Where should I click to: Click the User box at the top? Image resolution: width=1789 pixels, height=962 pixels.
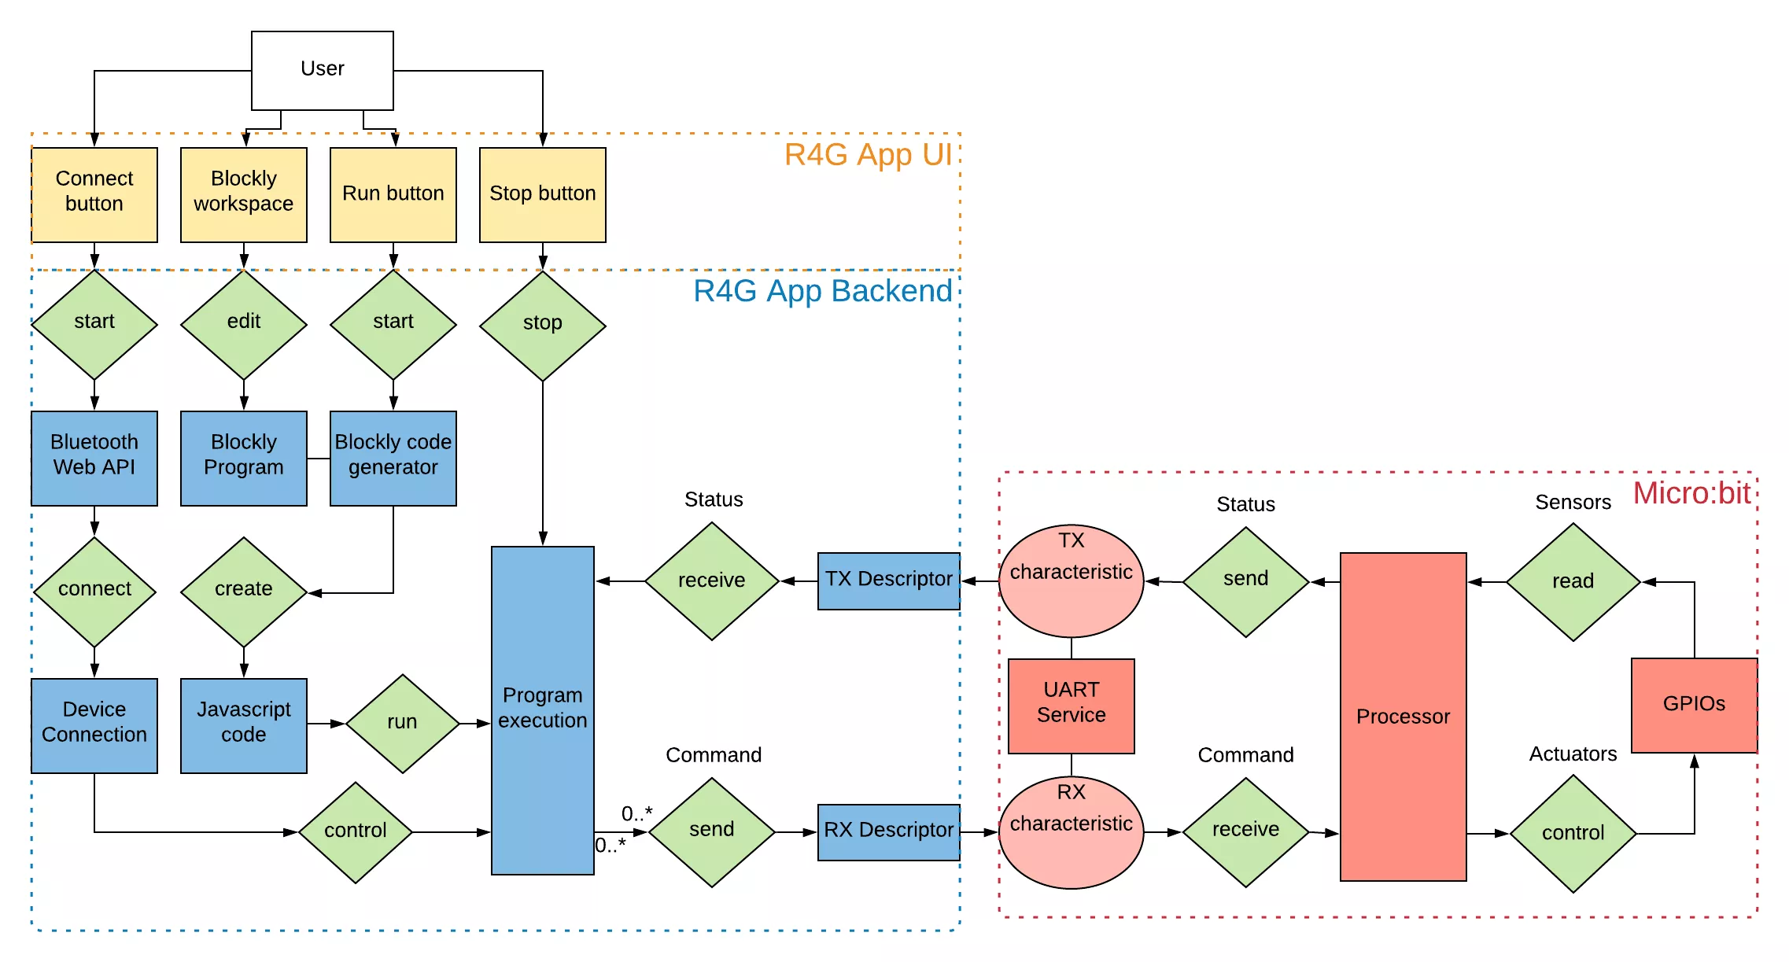(322, 70)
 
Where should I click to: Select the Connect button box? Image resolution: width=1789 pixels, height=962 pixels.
(94, 194)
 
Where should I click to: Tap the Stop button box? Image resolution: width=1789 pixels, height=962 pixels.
(542, 194)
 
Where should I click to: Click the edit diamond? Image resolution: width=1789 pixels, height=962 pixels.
(243, 324)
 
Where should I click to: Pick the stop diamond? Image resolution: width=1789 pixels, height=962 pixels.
(542, 325)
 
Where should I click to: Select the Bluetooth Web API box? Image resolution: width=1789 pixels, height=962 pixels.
(94, 458)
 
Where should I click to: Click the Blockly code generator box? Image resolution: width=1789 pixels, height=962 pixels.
(393, 458)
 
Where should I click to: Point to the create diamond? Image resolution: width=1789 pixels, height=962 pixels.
(243, 592)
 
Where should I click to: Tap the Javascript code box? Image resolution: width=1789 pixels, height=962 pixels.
(243, 724)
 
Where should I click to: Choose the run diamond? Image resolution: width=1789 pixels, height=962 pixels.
(402, 723)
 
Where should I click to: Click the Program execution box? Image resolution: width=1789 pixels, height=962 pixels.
(542, 710)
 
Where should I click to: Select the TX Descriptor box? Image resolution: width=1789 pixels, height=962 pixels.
(888, 581)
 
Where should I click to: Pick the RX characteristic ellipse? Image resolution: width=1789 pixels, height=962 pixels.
(1071, 832)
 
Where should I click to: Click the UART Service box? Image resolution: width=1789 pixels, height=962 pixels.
(1071, 706)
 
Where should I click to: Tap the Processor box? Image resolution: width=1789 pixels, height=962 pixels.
(1403, 717)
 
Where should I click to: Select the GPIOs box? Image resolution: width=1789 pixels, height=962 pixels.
(1693, 705)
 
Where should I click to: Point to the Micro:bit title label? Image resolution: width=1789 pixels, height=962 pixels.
(1691, 494)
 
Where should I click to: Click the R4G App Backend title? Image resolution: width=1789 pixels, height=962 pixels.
(822, 292)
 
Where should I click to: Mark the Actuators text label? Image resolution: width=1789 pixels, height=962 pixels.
(1572, 754)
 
